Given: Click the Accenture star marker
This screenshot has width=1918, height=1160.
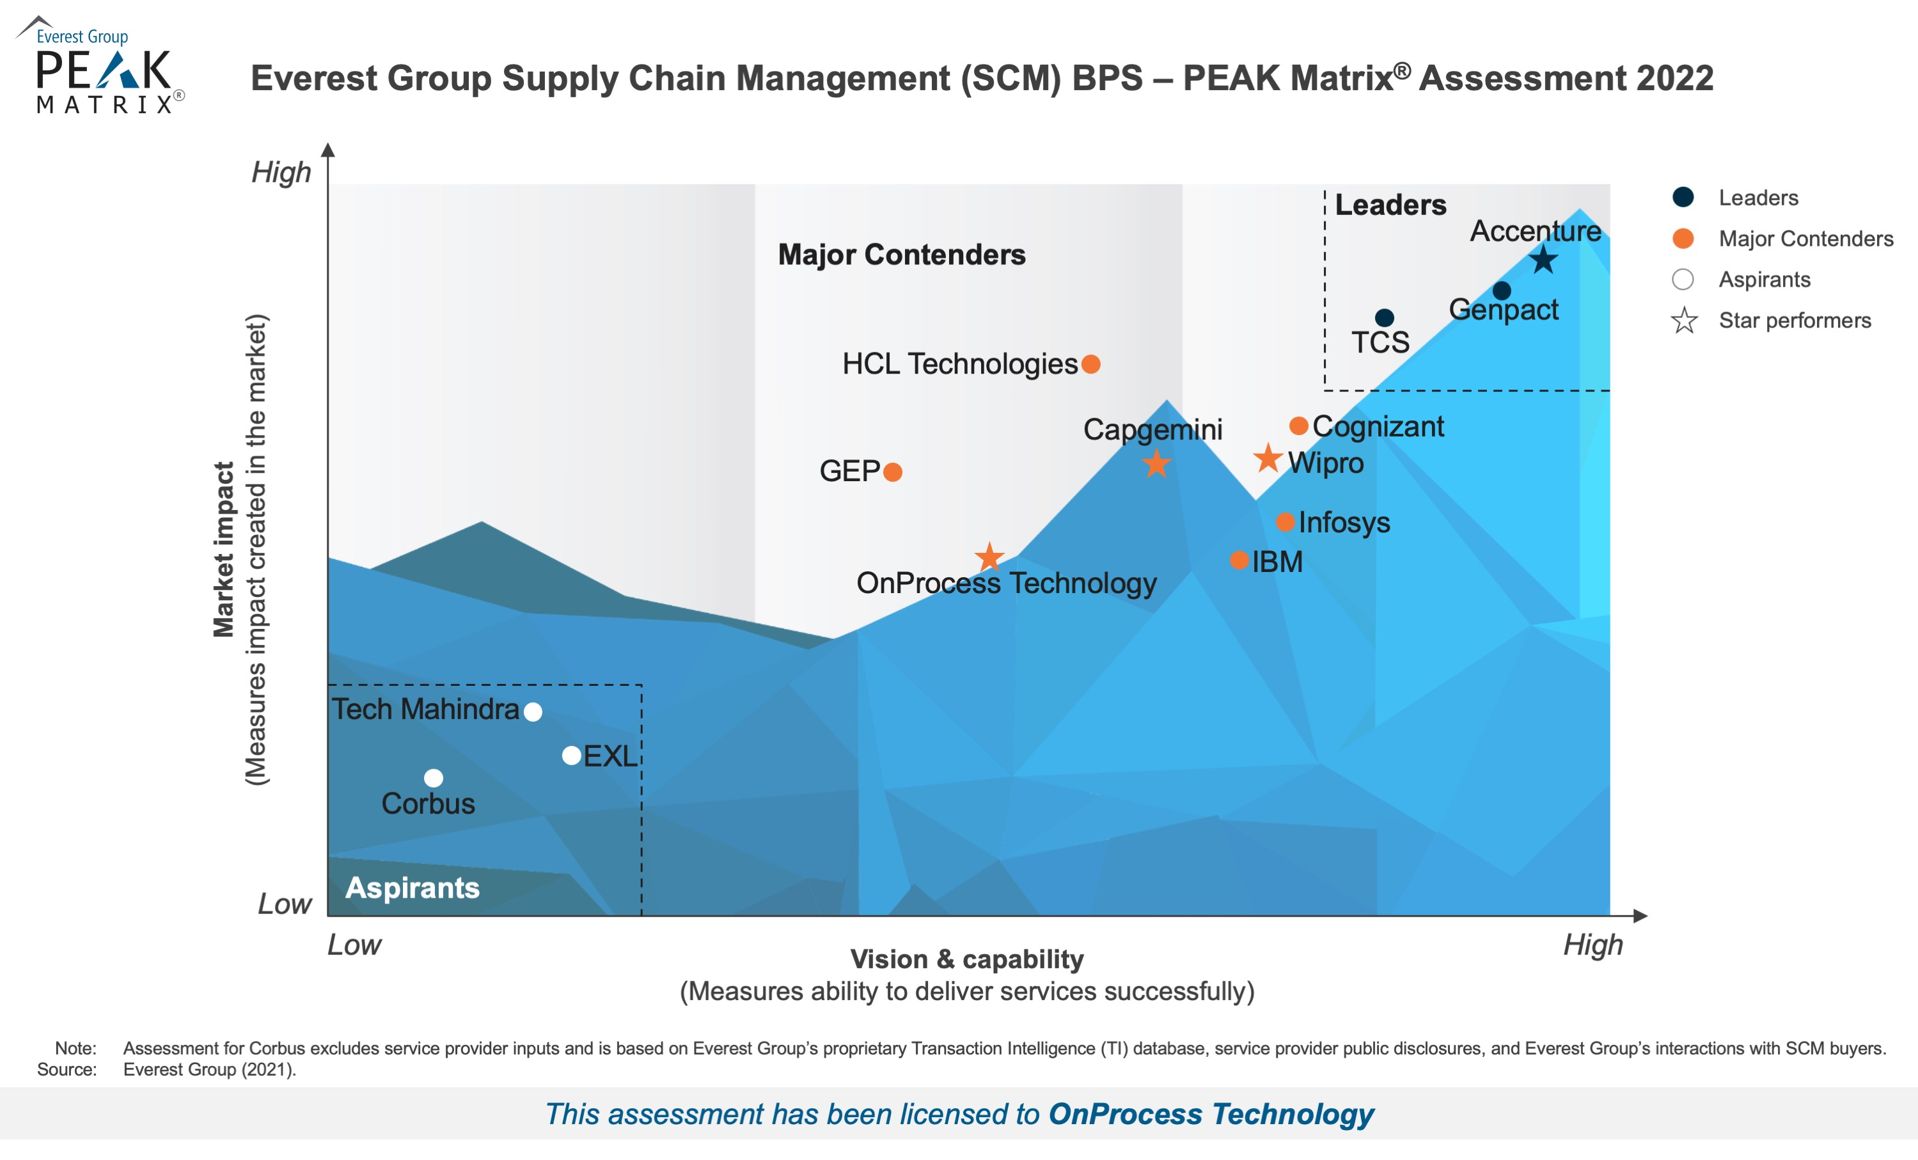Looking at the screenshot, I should pyautogui.click(x=1543, y=260).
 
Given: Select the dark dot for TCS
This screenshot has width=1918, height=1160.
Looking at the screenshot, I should pyautogui.click(x=1384, y=317).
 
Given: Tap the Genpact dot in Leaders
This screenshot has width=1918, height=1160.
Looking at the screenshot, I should pyautogui.click(x=1502, y=291).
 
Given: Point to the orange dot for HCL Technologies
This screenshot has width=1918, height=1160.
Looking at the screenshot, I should pyautogui.click(x=1091, y=364).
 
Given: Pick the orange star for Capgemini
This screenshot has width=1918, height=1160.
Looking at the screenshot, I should pyautogui.click(x=1156, y=465).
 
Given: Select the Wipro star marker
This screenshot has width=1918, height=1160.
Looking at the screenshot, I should pyautogui.click(x=1267, y=459).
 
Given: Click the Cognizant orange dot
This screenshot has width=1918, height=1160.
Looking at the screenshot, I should pyautogui.click(x=1298, y=426).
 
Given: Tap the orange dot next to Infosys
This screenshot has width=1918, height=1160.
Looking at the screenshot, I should pyautogui.click(x=1285, y=522).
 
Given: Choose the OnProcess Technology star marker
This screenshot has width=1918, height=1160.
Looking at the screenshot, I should pyautogui.click(x=989, y=557).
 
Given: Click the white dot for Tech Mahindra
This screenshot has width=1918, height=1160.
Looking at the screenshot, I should pyautogui.click(x=533, y=711).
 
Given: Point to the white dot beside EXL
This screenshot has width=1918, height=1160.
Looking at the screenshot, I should pyautogui.click(x=571, y=755).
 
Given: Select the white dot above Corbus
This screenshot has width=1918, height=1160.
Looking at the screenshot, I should pyautogui.click(x=434, y=778).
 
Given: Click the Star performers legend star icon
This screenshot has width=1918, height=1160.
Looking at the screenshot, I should pyautogui.click(x=1684, y=321).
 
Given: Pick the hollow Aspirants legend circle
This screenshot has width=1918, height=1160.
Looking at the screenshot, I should pyautogui.click(x=1683, y=280).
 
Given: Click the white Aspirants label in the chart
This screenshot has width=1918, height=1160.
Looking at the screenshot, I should pyautogui.click(x=413, y=888).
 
